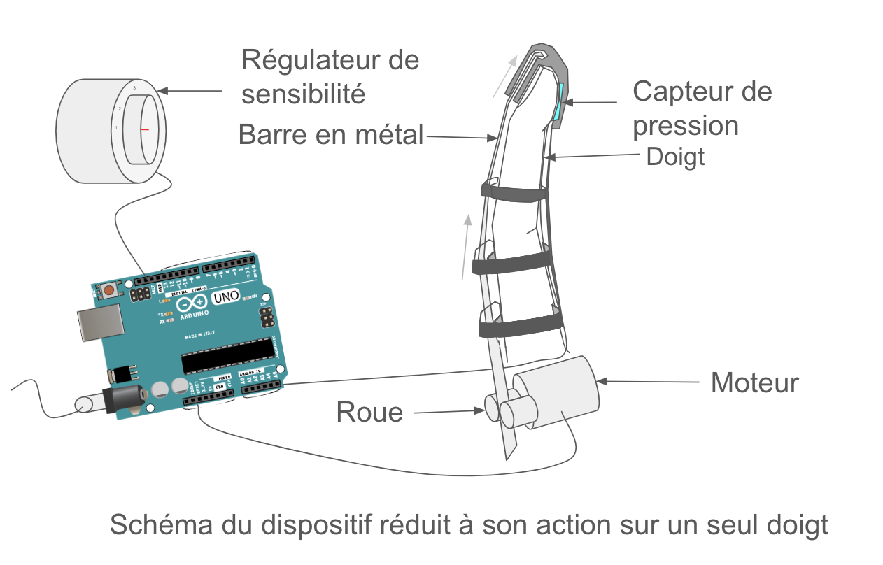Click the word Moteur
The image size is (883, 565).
tap(754, 383)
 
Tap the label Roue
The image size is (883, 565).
tap(369, 413)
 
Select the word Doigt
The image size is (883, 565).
tap(675, 157)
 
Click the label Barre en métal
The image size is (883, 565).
tap(331, 134)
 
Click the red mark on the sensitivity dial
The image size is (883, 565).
tap(145, 129)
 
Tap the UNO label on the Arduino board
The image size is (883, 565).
tap(225, 299)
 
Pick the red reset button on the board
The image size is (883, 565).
tap(109, 290)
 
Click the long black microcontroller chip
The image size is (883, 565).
tap(227, 357)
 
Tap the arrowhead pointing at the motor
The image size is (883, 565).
tap(601, 381)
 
